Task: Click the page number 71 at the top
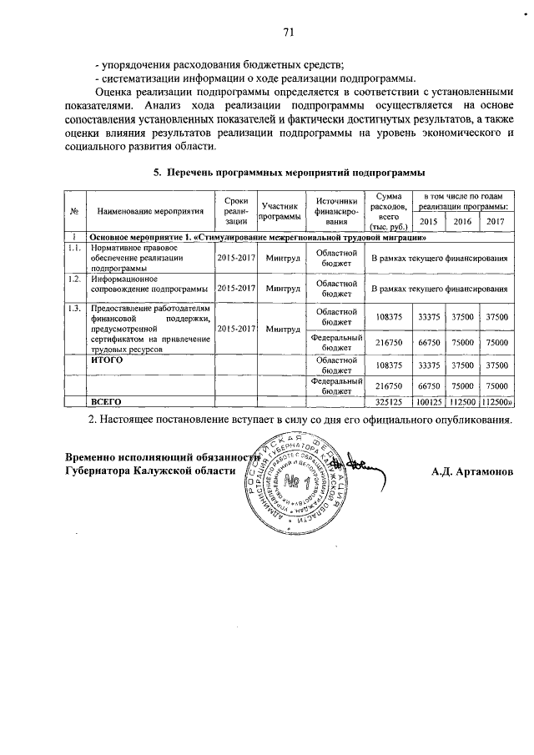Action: click(x=289, y=33)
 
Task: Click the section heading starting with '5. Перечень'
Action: click(x=289, y=172)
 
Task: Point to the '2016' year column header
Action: click(x=461, y=221)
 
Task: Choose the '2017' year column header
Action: click(x=496, y=221)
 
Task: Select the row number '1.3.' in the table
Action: click(x=74, y=309)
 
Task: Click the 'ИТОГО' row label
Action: click(x=106, y=361)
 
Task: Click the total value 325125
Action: click(x=390, y=402)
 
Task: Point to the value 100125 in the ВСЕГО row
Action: click(x=428, y=402)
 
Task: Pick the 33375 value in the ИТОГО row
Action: click(x=428, y=365)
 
